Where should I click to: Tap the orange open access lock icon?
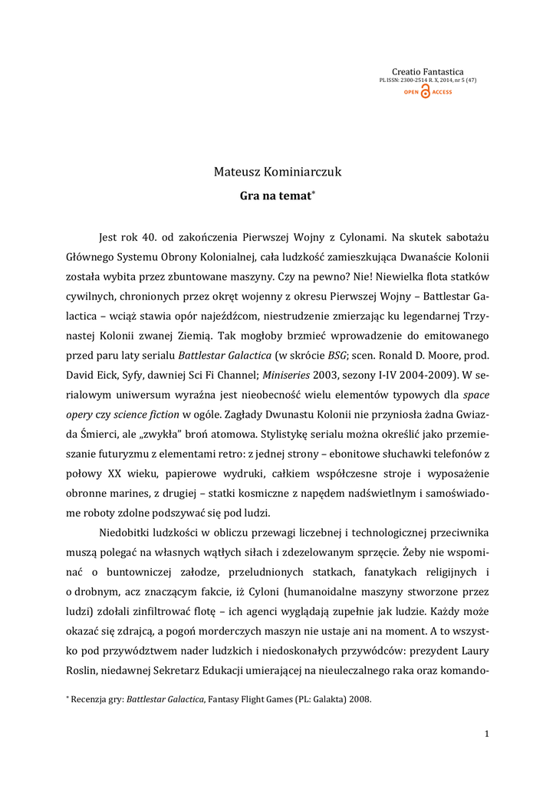426,92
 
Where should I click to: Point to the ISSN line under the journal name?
428,80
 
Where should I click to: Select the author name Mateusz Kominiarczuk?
278,172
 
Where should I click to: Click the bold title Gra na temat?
276,196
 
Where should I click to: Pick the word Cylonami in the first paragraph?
348,236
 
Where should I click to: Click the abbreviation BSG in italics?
316,356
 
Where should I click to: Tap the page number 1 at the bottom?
486,734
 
